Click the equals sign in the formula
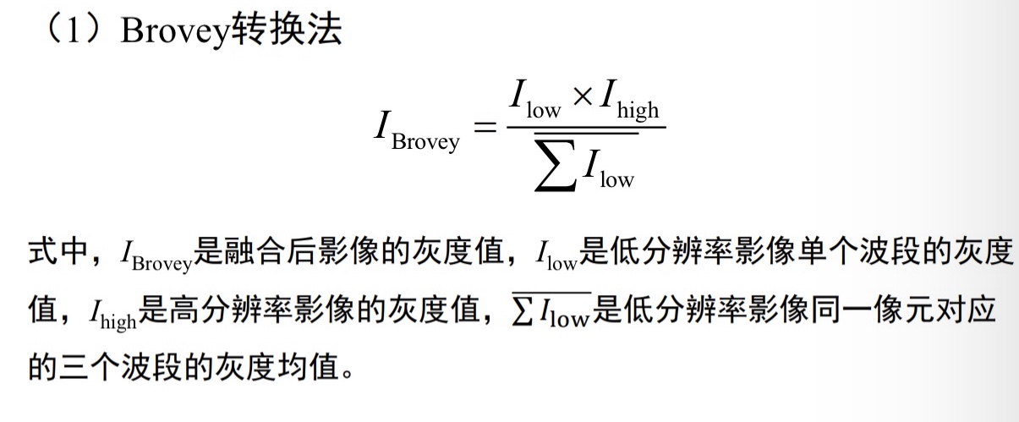point(483,129)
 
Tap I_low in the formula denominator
point(607,170)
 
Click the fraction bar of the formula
point(585,128)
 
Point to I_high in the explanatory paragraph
point(112,315)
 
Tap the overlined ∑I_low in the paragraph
point(551,313)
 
